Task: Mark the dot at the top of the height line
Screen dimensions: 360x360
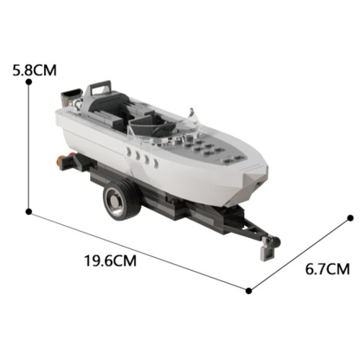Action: (x=29, y=82)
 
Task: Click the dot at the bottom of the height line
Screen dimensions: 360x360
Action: (x=29, y=210)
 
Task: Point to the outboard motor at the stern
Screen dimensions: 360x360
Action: (x=73, y=100)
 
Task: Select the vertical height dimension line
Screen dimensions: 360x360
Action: (x=29, y=147)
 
